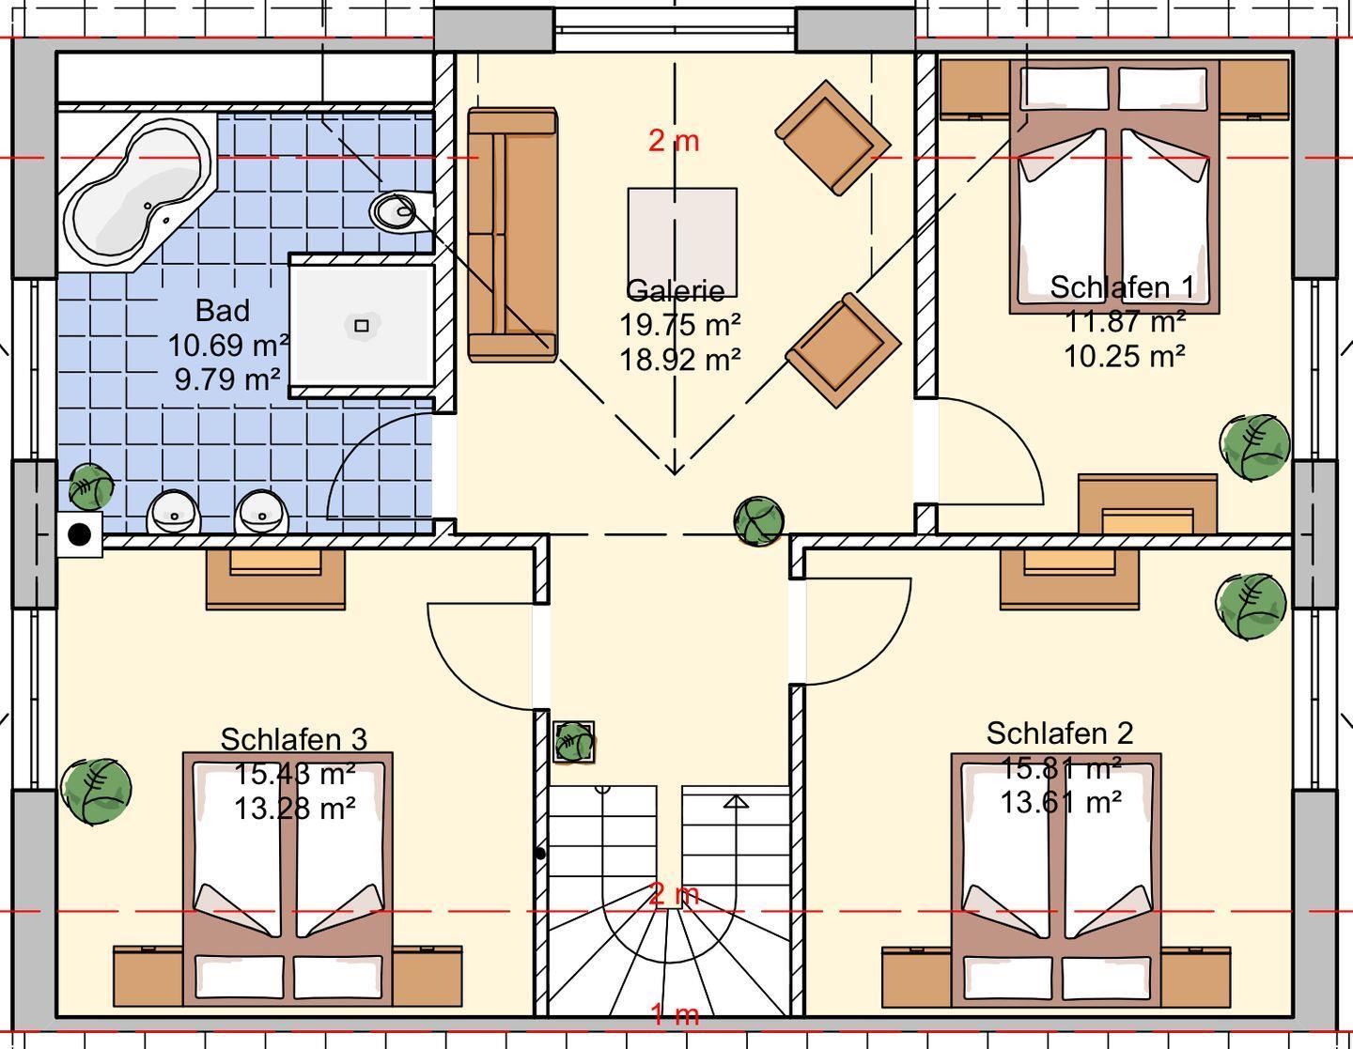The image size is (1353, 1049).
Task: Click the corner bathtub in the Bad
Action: coord(137,191)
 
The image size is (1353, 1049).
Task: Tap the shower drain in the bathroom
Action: coord(361,325)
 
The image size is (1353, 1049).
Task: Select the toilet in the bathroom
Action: coord(400,211)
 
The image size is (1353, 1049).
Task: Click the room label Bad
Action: coord(223,311)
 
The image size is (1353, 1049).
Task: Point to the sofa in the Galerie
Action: coord(512,234)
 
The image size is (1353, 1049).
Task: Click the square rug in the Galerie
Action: coord(682,242)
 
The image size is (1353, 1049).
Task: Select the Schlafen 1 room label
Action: coord(1122,286)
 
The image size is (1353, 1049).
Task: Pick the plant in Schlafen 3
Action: coord(96,791)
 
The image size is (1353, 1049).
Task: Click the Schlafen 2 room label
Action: coord(1060,733)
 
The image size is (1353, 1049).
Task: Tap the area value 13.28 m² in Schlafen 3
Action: coord(294,809)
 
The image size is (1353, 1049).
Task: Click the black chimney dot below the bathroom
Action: coord(79,533)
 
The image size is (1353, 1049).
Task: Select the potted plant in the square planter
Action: coord(573,742)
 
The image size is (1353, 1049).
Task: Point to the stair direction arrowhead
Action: coord(736,802)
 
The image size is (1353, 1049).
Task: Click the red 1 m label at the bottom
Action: coord(675,1015)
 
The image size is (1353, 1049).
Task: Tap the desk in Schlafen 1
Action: coord(1147,504)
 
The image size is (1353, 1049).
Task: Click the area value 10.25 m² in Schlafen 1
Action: coord(1124,357)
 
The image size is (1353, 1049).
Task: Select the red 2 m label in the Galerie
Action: coord(674,141)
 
